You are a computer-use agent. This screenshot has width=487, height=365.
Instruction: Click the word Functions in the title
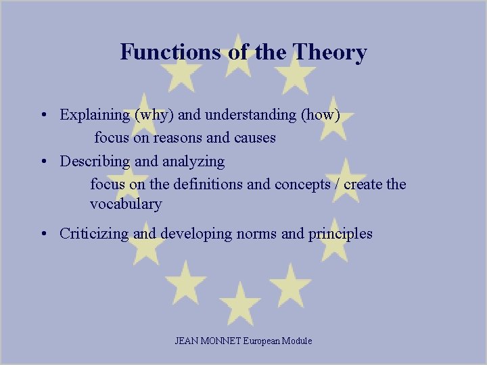pyautogui.click(x=170, y=52)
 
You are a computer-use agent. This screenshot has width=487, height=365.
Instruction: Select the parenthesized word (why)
pyautogui.click(x=155, y=115)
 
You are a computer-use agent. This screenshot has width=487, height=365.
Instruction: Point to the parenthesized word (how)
pyautogui.click(x=319, y=115)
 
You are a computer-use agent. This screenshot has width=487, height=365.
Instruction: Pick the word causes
pyautogui.click(x=254, y=138)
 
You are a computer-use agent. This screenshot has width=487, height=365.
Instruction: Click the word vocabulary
pyautogui.click(x=126, y=203)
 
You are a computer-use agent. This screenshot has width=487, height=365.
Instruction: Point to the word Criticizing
pyautogui.click(x=95, y=234)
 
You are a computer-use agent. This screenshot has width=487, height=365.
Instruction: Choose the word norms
pyautogui.click(x=256, y=234)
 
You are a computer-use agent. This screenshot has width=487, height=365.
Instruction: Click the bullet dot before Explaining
pyautogui.click(x=43, y=115)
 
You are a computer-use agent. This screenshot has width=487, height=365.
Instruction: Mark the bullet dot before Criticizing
pyautogui.click(x=43, y=234)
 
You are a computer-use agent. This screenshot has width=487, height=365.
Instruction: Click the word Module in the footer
pyautogui.click(x=298, y=341)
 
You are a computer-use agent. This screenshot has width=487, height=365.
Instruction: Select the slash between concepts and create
pyautogui.click(x=336, y=184)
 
